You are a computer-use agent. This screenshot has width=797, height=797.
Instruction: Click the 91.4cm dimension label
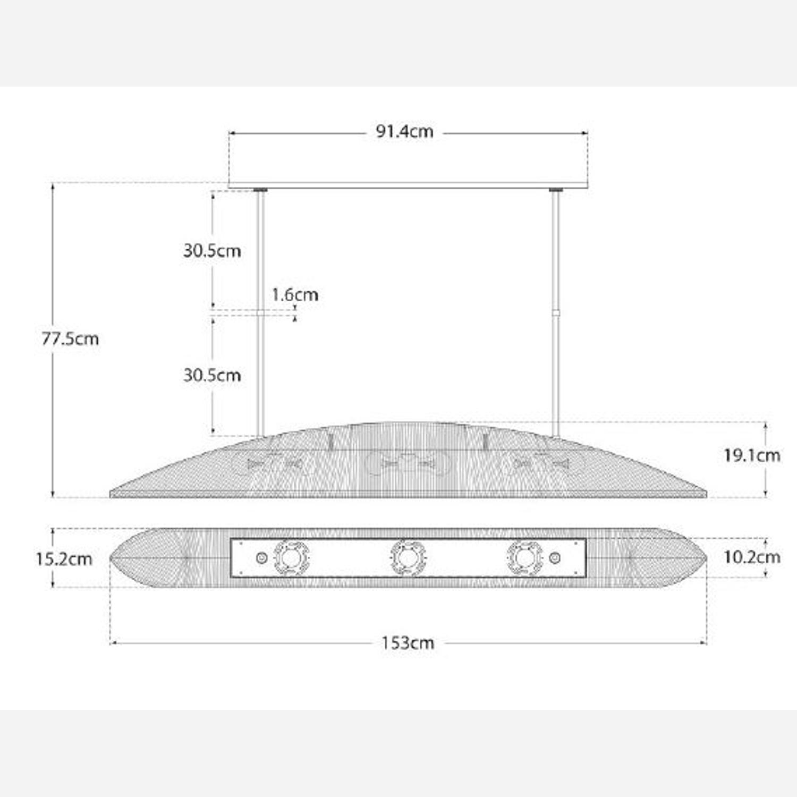point(404,131)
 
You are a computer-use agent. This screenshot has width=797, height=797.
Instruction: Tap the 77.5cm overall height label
point(70,338)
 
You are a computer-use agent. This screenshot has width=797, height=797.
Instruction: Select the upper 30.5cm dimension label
point(212,250)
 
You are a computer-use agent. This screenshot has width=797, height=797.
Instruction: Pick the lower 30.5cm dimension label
point(212,375)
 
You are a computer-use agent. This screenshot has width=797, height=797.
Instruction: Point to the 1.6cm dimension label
point(295,294)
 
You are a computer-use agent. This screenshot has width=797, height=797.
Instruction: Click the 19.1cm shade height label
point(752,455)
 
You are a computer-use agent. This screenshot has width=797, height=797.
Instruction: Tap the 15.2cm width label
point(64,559)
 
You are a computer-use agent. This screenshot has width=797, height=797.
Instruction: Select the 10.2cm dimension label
point(752,557)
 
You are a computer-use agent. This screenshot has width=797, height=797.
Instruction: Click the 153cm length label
point(408,643)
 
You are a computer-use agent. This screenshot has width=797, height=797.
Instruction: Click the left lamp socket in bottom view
point(291,558)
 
